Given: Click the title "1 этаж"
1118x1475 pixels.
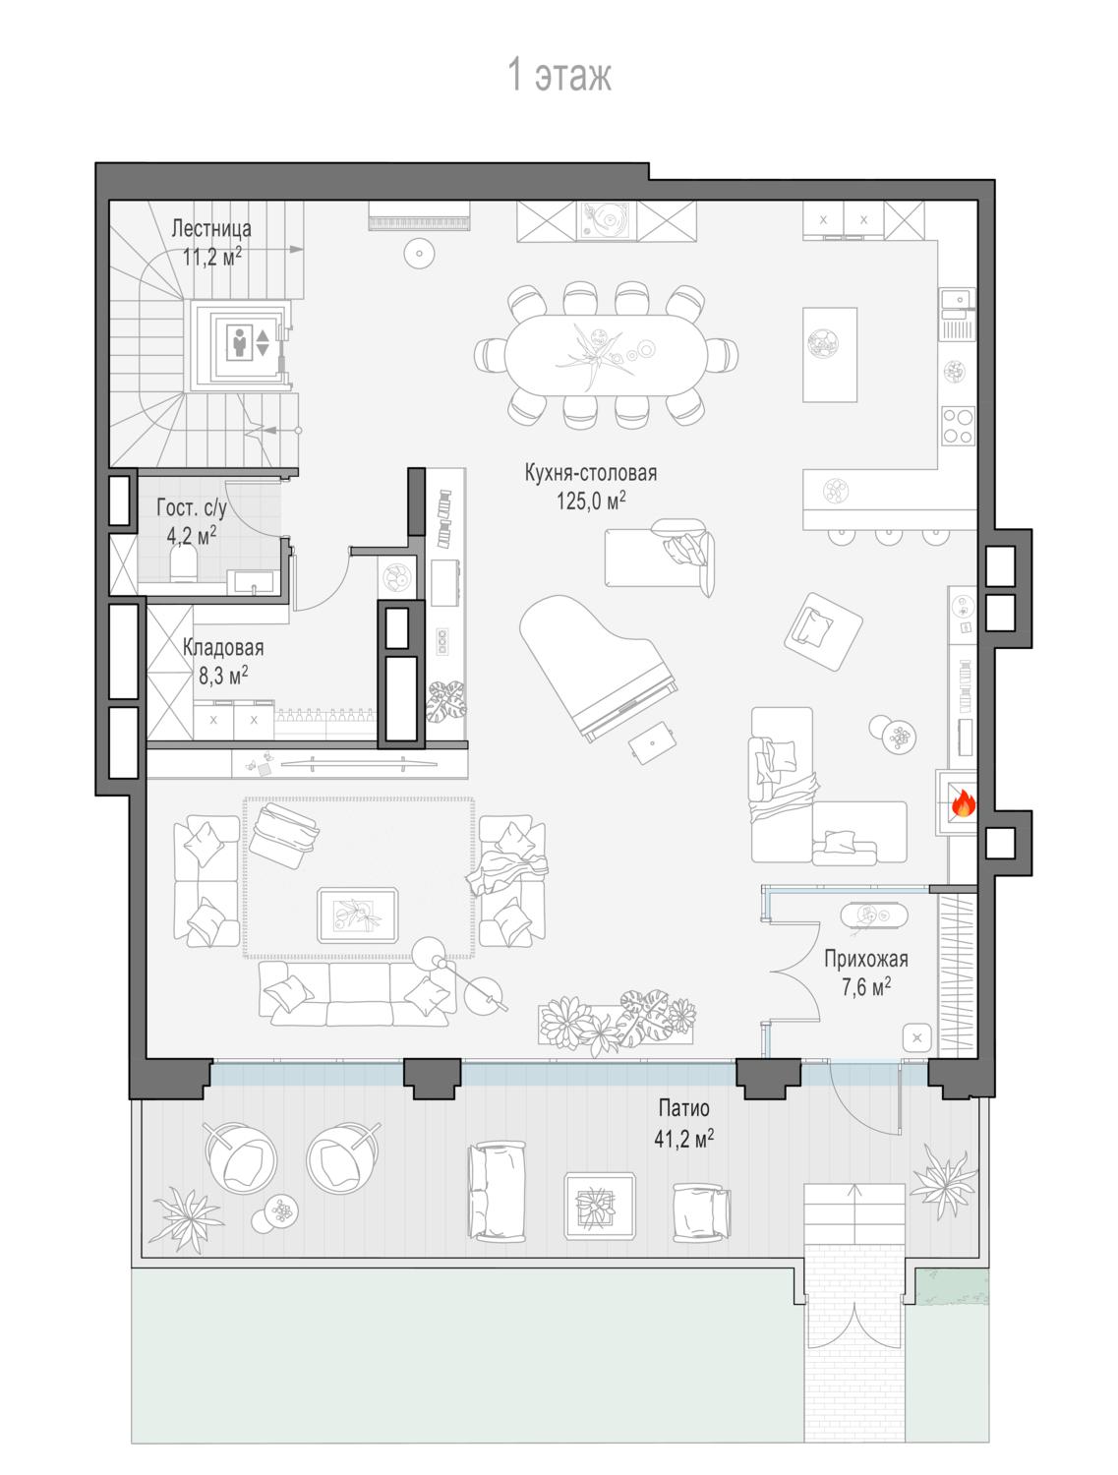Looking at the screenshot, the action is (559, 75).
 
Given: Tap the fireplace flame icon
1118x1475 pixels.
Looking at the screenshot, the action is (963, 803).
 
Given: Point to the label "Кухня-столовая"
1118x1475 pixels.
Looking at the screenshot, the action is (591, 473).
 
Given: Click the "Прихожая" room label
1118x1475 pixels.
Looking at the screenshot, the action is (866, 959).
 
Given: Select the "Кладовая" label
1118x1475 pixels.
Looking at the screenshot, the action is (223, 648).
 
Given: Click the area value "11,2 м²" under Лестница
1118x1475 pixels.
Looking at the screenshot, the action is (212, 256).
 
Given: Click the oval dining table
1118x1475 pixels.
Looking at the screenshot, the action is (606, 354).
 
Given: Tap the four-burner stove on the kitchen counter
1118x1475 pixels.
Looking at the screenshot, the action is (958, 426).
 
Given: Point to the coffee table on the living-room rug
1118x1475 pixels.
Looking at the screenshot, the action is (358, 914).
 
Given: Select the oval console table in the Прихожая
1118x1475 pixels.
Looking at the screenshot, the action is (874, 914).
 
